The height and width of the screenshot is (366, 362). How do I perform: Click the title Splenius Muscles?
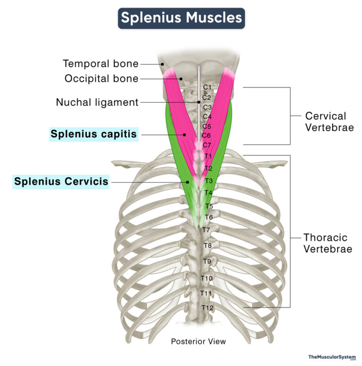tap(181, 18)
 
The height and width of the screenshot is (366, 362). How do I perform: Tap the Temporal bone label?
tap(101, 64)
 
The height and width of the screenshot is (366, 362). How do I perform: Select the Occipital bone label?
tap(101, 79)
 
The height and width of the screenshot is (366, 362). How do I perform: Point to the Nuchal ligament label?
tap(97, 102)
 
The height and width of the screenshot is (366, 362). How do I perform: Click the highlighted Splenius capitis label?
tap(94, 135)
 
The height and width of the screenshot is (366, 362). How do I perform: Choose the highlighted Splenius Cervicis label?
tap(61, 181)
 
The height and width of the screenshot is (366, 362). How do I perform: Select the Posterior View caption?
tap(198, 341)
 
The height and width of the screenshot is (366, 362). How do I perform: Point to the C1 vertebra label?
tap(206, 88)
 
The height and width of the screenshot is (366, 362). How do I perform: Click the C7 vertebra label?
tap(207, 145)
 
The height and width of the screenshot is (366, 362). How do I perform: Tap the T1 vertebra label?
tap(208, 156)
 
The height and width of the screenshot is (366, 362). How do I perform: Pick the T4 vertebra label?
tap(208, 193)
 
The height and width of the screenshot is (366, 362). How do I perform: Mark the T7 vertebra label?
tap(206, 230)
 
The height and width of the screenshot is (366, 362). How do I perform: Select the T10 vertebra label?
tap(206, 278)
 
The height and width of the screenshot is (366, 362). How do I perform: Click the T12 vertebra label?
tap(207, 308)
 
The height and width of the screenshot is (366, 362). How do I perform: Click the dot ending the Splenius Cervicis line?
tap(187, 181)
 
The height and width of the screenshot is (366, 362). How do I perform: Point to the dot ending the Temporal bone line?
tap(162, 64)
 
